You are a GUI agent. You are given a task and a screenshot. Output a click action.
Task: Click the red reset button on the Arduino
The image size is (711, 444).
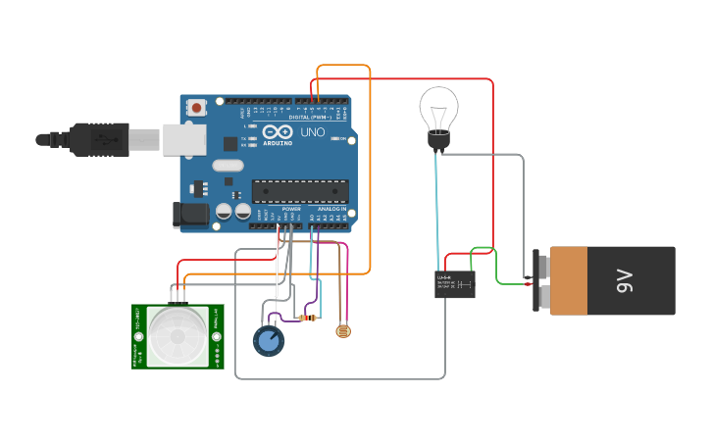[196, 107]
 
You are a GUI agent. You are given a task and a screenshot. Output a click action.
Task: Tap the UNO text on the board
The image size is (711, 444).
[312, 132]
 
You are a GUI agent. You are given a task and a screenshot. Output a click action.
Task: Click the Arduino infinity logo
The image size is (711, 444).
[277, 131]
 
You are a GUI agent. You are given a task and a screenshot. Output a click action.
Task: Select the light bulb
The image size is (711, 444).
[438, 113]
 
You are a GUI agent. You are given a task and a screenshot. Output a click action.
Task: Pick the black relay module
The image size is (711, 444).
[454, 284]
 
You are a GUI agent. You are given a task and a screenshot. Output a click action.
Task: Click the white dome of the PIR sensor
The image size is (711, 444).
[178, 336]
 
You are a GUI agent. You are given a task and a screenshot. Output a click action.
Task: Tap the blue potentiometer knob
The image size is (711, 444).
[268, 341]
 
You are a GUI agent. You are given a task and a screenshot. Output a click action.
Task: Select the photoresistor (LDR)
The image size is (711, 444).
[342, 331]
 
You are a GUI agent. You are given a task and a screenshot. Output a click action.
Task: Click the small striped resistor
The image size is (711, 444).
[308, 318]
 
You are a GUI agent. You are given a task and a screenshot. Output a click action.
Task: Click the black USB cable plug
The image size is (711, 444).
[98, 139]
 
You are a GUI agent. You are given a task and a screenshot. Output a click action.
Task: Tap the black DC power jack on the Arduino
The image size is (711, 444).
[191, 215]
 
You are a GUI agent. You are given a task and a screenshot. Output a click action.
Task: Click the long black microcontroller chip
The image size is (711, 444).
[300, 191]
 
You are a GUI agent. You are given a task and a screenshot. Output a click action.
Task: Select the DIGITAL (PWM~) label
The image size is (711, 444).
[310, 117]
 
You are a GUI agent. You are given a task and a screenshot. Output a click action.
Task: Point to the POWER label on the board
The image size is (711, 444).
[291, 209]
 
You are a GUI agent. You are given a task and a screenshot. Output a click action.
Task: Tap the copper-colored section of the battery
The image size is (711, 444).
[568, 281]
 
